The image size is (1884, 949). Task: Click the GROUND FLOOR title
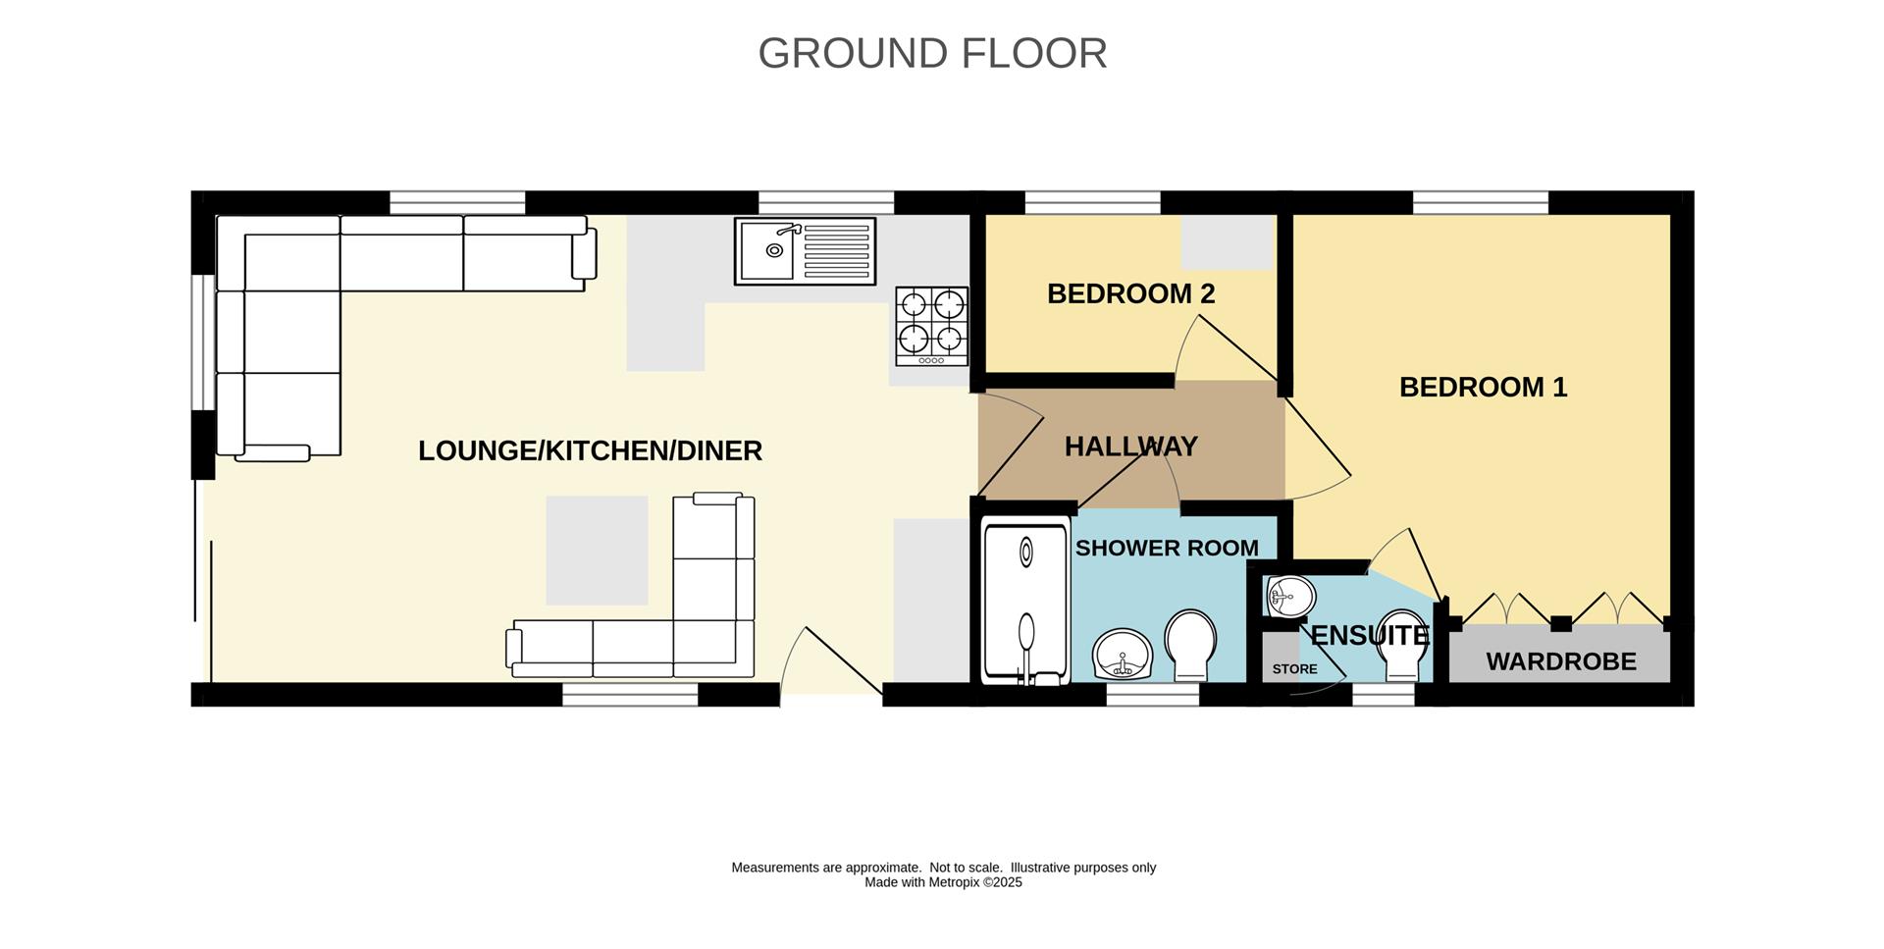click(x=932, y=53)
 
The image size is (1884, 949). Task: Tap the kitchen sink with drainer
click(x=805, y=251)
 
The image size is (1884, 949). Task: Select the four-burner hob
click(x=931, y=327)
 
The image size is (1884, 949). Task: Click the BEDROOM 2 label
click(x=1130, y=293)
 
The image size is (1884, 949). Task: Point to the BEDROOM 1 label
click(x=1483, y=387)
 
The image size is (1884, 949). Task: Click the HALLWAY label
click(x=1130, y=447)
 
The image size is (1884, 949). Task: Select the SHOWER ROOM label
click(x=1166, y=548)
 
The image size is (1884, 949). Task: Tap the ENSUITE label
click(x=1369, y=635)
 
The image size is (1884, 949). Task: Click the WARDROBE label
click(x=1560, y=661)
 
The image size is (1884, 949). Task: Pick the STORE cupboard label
click(x=1294, y=669)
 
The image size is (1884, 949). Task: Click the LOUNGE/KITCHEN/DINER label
click(x=590, y=450)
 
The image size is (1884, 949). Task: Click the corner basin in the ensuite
click(x=1288, y=596)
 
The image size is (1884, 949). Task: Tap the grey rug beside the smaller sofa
click(x=597, y=550)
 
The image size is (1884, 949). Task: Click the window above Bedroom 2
click(x=1092, y=203)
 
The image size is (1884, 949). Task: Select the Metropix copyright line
click(x=943, y=882)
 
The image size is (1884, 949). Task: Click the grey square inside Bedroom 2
click(x=1227, y=241)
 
